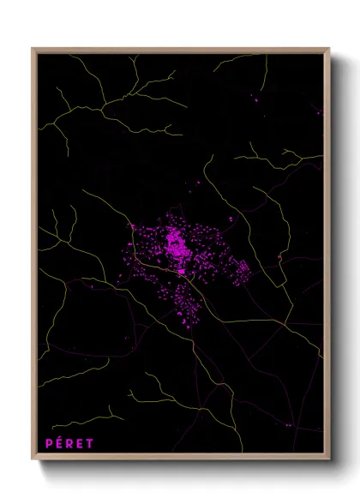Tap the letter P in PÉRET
[x=49, y=443]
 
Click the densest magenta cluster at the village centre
[x=177, y=246]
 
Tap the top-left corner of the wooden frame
[x=33, y=49]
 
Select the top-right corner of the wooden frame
[x=329, y=49]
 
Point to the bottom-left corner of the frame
[x=33, y=459]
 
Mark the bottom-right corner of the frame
[x=329, y=459]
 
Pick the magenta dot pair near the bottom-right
[x=288, y=424]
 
